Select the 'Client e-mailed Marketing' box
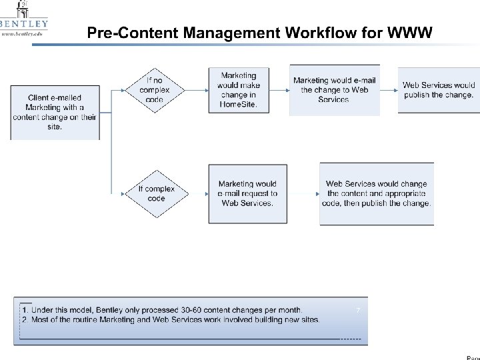(x=55, y=112)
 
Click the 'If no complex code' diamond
(x=154, y=90)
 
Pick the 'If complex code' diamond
(x=155, y=193)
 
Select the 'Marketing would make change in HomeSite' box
(x=238, y=90)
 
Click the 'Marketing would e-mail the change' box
(x=334, y=90)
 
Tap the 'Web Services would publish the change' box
(x=439, y=90)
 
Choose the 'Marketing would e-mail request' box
(x=247, y=193)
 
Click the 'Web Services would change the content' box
(x=377, y=193)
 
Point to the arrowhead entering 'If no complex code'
(x=127, y=90)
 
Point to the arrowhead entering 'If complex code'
(x=127, y=193)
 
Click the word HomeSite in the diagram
(x=238, y=105)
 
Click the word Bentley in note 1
(x=114, y=310)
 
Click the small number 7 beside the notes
(x=358, y=310)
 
